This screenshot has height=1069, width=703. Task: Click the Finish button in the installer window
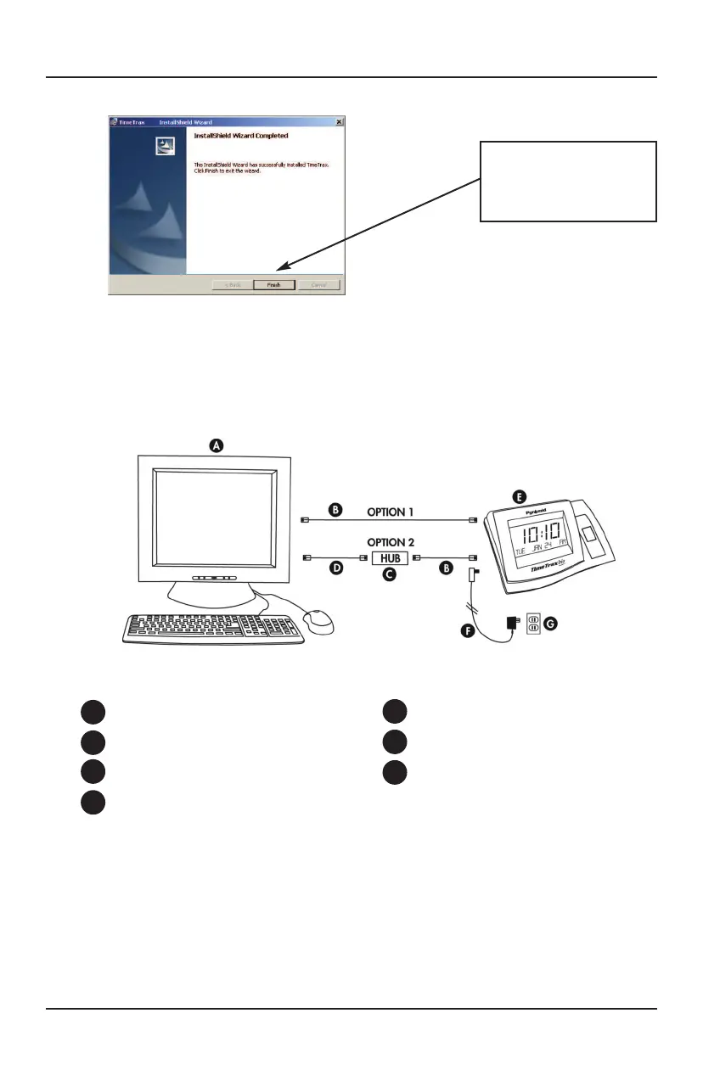[273, 285]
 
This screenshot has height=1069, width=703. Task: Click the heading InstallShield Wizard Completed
[241, 136]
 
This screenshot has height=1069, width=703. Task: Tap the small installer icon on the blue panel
[166, 148]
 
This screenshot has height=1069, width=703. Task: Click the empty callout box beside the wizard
[568, 182]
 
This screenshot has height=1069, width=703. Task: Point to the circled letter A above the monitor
[217, 445]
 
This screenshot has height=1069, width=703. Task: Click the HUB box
[390, 558]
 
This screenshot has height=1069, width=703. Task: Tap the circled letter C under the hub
[390, 575]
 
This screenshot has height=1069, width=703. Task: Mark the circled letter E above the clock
[520, 495]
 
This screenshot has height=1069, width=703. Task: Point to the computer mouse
[318, 621]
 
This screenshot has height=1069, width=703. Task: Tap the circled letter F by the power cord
[464, 631]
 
